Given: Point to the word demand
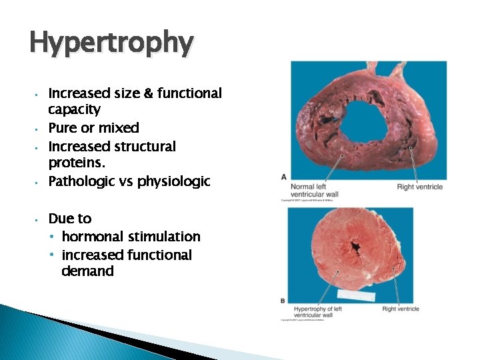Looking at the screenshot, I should tap(87, 271).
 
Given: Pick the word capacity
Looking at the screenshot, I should tap(75, 109).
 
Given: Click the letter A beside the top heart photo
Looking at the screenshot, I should tap(284, 176).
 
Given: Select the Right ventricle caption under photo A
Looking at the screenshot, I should tap(419, 187).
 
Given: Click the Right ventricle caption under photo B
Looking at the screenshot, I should tap(401, 309).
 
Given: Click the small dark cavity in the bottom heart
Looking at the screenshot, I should tap(357, 249).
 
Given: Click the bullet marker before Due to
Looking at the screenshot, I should tap(40, 219).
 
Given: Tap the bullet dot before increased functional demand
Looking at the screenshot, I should tap(52, 255).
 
